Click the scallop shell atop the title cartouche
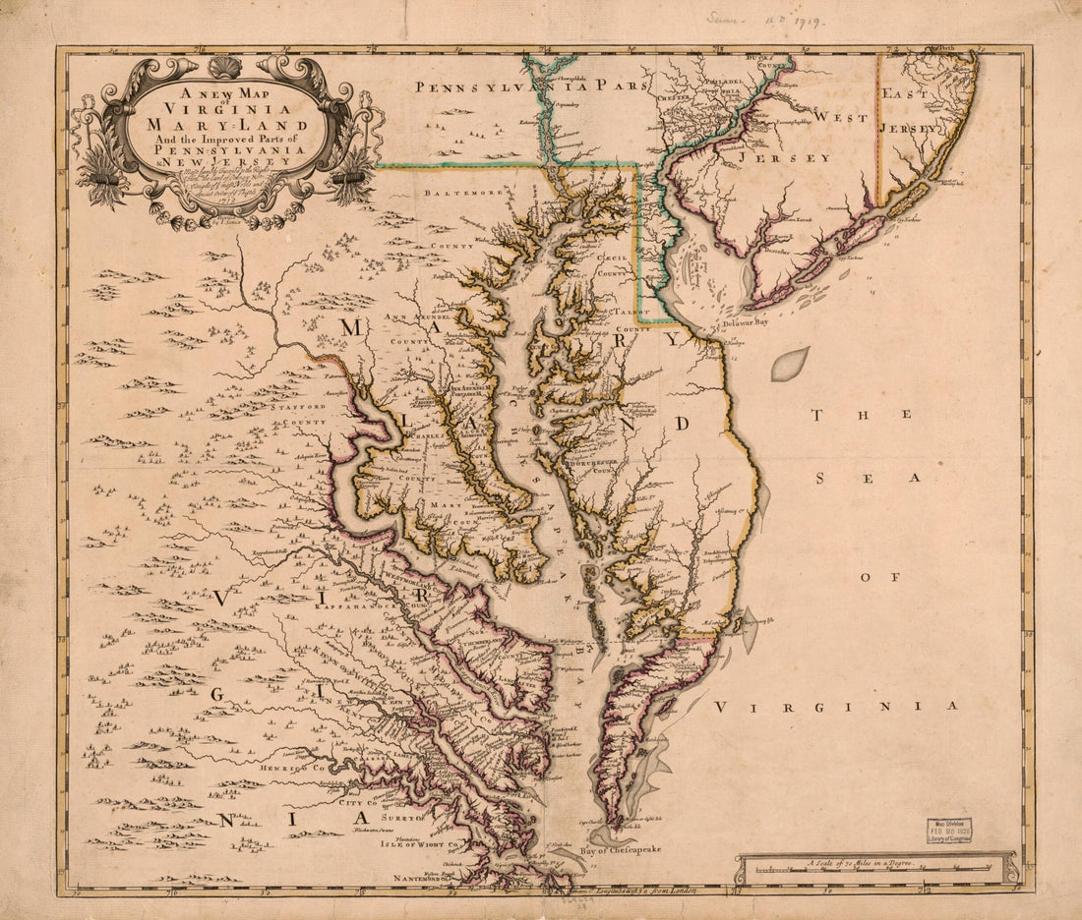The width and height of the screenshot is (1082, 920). [x=227, y=67]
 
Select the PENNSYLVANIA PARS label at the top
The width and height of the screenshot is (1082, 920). [x=530, y=86]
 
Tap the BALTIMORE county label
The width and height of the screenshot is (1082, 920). [x=463, y=194]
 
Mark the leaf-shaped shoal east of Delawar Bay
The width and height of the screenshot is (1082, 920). [x=790, y=364]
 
